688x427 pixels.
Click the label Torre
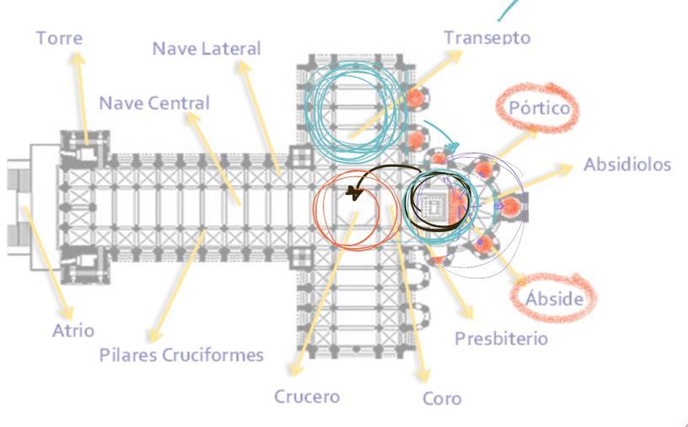pos(59,38)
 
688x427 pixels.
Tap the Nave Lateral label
pos(206,48)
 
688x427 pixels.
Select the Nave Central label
pos(154,103)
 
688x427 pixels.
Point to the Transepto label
pos(487,37)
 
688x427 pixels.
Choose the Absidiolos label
pos(627,164)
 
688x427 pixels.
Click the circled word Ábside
pos(554,298)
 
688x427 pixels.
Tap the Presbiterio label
pos(501,338)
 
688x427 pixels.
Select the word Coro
pos(442,397)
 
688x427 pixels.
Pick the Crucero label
pos(307,396)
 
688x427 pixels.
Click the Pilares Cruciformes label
pos(181,354)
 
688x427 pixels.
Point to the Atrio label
pos(73,330)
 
